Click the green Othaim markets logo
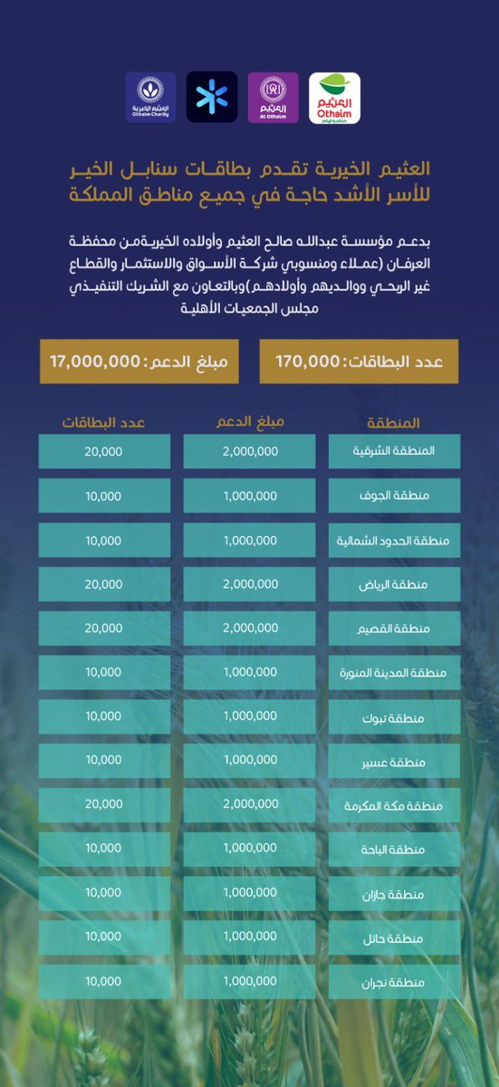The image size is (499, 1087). (x=335, y=98)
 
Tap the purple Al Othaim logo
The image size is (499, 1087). (x=273, y=98)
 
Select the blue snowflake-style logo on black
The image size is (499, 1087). (x=212, y=98)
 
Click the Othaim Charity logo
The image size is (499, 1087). (x=150, y=98)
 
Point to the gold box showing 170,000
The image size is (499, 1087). (x=359, y=361)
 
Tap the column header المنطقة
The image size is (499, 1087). (x=394, y=423)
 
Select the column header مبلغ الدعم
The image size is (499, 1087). (x=250, y=423)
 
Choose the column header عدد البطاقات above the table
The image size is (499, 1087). (x=104, y=423)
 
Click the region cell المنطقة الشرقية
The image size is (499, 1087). (x=394, y=452)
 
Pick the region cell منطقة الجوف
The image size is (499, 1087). (x=394, y=496)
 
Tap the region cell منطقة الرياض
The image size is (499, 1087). (x=394, y=585)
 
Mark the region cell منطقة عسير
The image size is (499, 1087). (x=394, y=761)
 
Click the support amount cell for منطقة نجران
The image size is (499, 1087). (x=250, y=982)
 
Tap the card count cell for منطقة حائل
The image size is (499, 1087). (x=104, y=938)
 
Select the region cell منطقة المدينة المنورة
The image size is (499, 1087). (x=394, y=673)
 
